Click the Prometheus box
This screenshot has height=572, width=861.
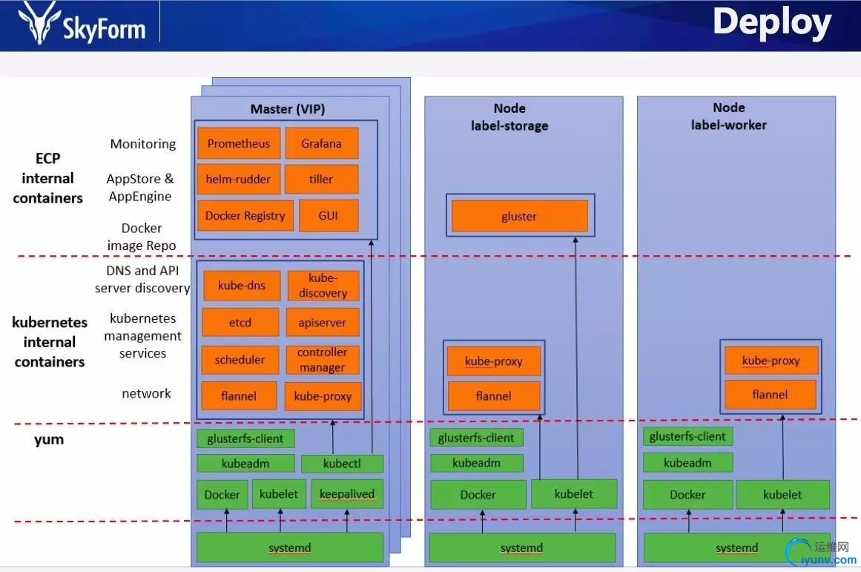(x=239, y=143)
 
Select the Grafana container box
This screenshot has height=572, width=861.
(x=321, y=143)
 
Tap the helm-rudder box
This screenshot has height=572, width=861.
(x=239, y=180)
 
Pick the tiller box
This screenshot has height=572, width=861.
(x=321, y=180)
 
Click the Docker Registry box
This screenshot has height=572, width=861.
(x=245, y=216)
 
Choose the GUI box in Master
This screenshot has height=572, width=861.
(x=329, y=216)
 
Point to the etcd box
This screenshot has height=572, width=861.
(x=240, y=323)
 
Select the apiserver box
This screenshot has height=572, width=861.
(x=323, y=323)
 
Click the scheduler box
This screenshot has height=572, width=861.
(x=240, y=360)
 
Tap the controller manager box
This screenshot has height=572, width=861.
(x=323, y=360)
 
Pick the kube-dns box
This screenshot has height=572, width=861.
(x=241, y=286)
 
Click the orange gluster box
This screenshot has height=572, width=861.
(x=519, y=217)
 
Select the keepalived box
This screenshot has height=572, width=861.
(x=347, y=494)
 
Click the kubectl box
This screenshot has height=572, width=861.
(x=342, y=464)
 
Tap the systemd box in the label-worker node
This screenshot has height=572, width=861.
(x=737, y=548)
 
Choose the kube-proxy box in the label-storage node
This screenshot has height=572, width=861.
(x=494, y=361)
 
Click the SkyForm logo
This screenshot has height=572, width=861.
(x=82, y=24)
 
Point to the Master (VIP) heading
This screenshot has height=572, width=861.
(x=288, y=109)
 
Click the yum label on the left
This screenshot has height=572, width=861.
(x=49, y=439)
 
